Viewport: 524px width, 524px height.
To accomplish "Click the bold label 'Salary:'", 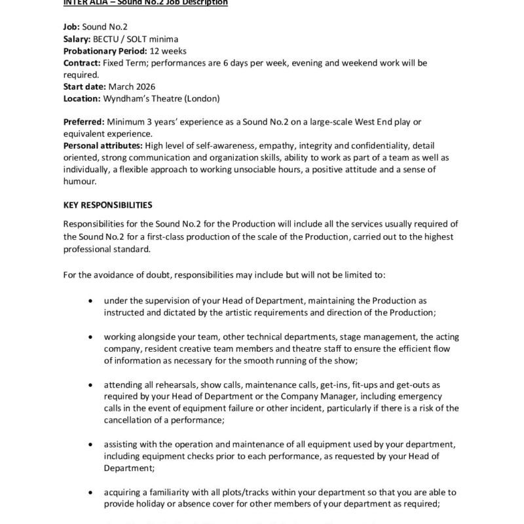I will click(79, 40).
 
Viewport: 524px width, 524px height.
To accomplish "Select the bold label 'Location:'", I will click(82, 99).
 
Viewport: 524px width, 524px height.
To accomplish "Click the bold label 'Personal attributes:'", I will click(103, 146).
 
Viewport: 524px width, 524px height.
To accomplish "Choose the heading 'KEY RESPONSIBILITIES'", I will click(108, 205).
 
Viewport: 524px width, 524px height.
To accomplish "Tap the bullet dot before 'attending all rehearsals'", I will click(90, 384).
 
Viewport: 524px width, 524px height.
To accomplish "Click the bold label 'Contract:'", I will click(81, 64).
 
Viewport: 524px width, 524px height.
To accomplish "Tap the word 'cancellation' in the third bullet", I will click(128, 420).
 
